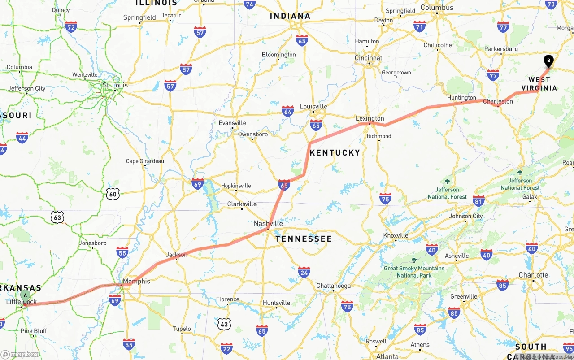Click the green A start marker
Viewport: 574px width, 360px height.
tap(26, 295)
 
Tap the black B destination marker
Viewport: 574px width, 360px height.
tap(548, 61)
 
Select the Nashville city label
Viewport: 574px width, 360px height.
tap(268, 223)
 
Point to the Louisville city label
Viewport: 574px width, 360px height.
tap(313, 106)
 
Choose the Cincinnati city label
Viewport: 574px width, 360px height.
tap(369, 58)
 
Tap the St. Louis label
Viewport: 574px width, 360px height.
tap(115, 85)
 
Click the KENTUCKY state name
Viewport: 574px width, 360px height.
tap(335, 153)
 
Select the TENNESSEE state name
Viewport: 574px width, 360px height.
tap(304, 239)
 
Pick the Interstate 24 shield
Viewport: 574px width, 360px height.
tap(304, 272)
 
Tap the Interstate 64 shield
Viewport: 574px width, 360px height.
tap(287, 111)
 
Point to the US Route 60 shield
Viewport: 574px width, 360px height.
tap(113, 193)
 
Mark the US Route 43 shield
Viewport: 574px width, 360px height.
tap(224, 324)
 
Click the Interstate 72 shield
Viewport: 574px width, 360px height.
tap(70, 27)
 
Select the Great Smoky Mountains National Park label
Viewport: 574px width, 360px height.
tap(414, 272)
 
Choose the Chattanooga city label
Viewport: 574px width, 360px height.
tap(333, 286)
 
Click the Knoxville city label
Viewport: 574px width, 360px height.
tap(396, 235)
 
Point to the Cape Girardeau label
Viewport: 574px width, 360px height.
tap(145, 161)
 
